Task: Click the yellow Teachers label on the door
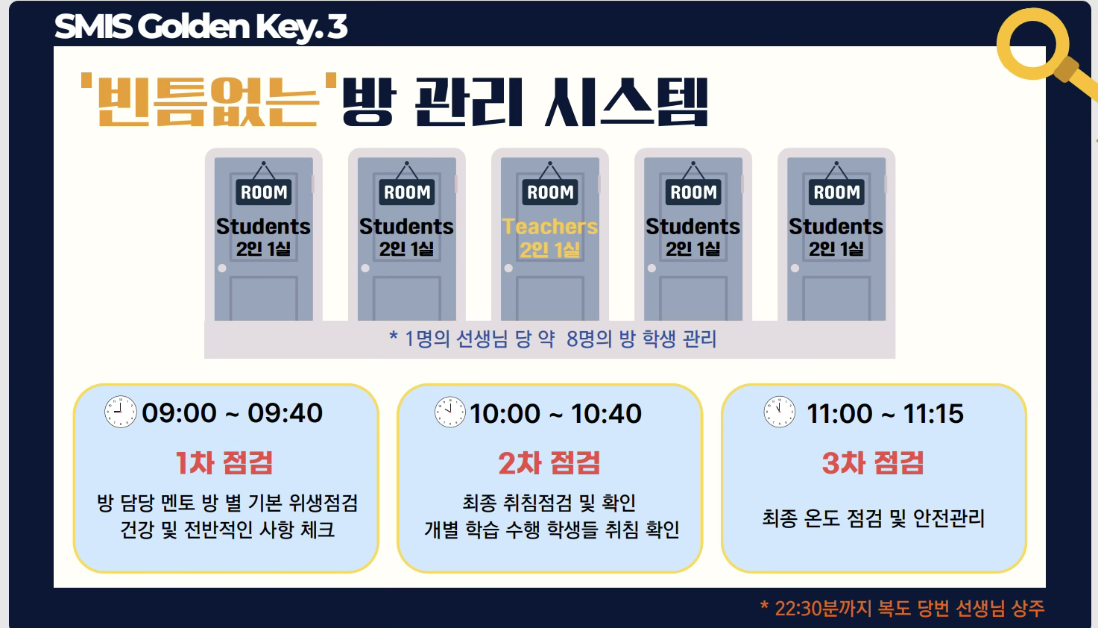(550, 226)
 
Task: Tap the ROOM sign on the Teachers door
(550, 192)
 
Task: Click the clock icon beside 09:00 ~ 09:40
(120, 412)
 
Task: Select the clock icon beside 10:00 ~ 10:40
(449, 412)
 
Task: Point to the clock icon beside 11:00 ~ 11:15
(779, 412)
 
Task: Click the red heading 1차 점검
(224, 463)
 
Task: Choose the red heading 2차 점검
(549, 463)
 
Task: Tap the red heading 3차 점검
(873, 463)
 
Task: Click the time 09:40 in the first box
(285, 413)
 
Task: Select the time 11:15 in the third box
(933, 414)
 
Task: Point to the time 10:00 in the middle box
(505, 414)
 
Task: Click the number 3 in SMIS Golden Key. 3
(337, 27)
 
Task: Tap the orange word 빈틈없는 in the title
(209, 101)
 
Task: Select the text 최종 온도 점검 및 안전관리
(873, 518)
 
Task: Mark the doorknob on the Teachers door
(508, 269)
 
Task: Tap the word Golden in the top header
(194, 27)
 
